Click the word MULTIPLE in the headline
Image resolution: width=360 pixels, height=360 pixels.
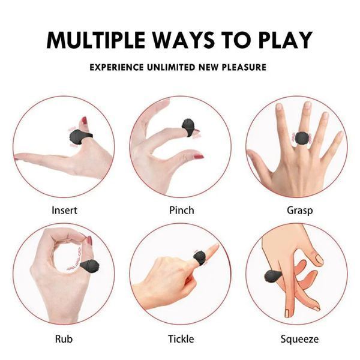pos(96,40)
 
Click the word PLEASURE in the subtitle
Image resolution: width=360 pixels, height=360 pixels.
pos(244,67)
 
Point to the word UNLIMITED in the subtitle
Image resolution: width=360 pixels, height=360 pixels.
pos(171,67)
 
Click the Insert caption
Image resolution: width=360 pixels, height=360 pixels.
pos(64,211)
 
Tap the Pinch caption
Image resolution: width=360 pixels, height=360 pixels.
pos(181,211)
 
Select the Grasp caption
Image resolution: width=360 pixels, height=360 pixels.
pos(299,211)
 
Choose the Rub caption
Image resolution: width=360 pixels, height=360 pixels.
pos(64,339)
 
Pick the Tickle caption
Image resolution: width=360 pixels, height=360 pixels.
pos(181,339)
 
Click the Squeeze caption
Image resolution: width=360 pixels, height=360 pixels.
pos(299,340)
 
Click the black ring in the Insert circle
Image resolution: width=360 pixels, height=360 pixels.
pos(79,137)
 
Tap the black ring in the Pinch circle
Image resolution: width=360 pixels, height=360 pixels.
pos(189,128)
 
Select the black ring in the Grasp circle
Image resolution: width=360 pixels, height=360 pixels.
pos(302,139)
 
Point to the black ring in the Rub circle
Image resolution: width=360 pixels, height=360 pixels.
pos(89,265)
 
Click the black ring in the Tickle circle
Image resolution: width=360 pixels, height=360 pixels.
pos(199,258)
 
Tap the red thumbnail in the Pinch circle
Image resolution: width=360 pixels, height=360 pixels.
pos(199,157)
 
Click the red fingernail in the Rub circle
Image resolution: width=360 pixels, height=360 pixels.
pos(89,241)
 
